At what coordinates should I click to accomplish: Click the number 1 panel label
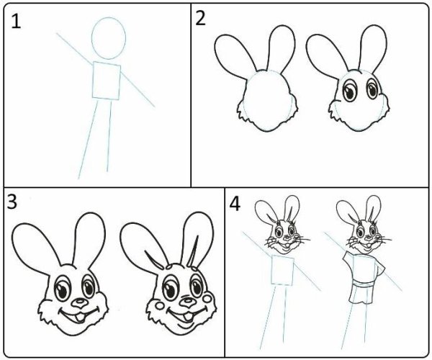[15, 21]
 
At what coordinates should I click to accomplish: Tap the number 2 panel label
[201, 19]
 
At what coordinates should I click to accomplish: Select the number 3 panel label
[12, 201]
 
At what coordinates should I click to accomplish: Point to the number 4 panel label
[235, 204]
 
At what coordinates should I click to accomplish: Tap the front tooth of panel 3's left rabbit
[80, 318]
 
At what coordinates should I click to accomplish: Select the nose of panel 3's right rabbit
[187, 302]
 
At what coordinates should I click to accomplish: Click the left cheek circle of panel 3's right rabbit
[160, 305]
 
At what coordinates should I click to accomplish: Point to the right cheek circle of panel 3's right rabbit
[207, 298]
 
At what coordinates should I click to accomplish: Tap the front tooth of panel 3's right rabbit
[188, 317]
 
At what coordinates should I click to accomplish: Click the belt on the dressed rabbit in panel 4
[364, 283]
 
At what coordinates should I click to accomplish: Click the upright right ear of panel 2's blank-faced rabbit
[282, 49]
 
